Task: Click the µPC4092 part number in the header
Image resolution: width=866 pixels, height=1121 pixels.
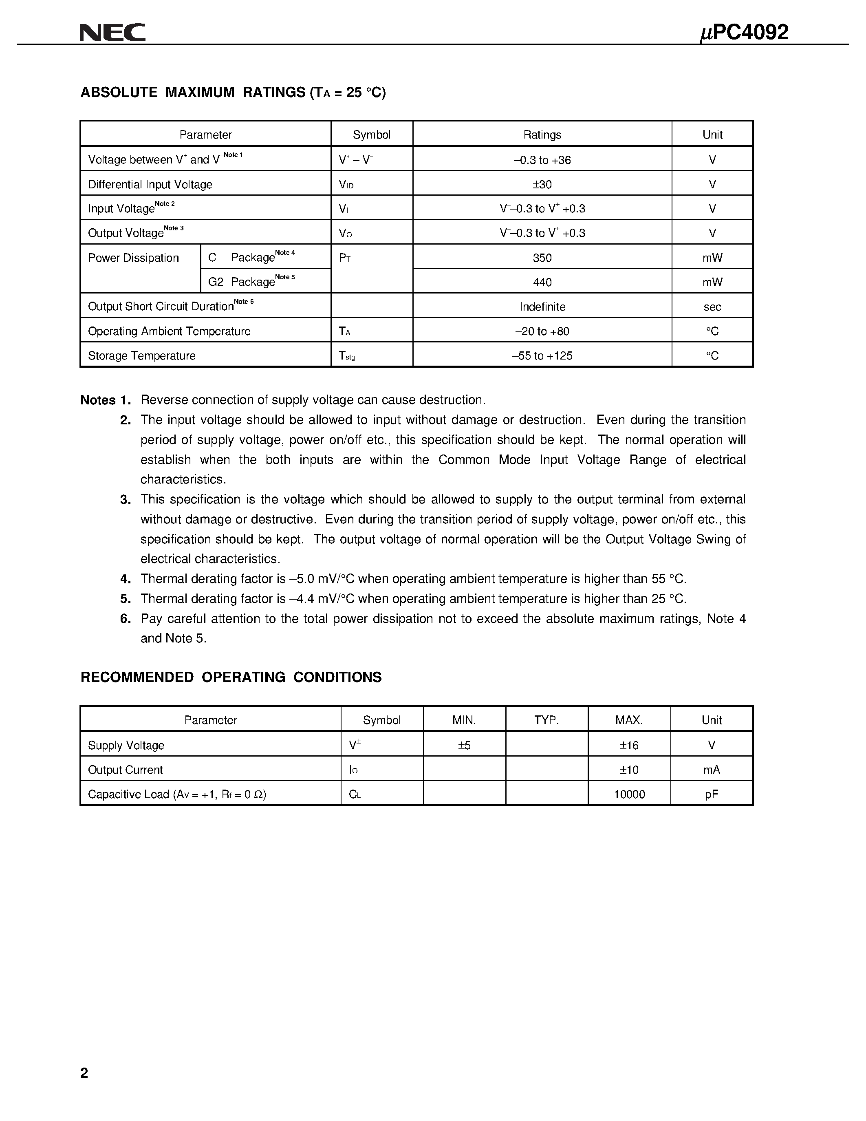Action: pos(744,32)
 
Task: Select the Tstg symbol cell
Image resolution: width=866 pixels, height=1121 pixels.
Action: pos(347,356)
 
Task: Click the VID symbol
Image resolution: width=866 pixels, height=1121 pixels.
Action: pos(346,184)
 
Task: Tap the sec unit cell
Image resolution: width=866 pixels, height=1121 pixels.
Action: pos(712,307)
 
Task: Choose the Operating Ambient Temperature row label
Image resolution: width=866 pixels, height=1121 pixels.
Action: pos(169,331)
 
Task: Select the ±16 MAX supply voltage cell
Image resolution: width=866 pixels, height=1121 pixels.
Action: pos(629,745)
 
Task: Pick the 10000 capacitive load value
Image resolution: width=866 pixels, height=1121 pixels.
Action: pos(629,794)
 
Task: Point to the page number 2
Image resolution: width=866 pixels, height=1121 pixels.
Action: pos(84,1073)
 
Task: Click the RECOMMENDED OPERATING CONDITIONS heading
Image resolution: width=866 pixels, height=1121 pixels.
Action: pos(231,677)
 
